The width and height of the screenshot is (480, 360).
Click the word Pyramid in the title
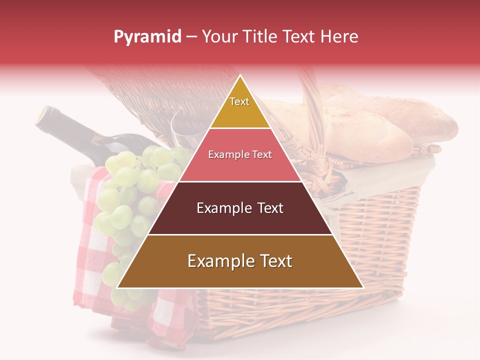(x=147, y=36)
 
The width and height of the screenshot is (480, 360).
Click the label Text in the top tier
(x=239, y=101)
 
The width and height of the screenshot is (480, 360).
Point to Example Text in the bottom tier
(x=240, y=261)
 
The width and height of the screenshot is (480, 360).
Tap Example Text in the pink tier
(x=240, y=154)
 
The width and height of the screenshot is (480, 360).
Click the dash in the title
(x=191, y=37)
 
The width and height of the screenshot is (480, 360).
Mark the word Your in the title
(x=218, y=36)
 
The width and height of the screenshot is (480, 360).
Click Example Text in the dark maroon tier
(x=240, y=208)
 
